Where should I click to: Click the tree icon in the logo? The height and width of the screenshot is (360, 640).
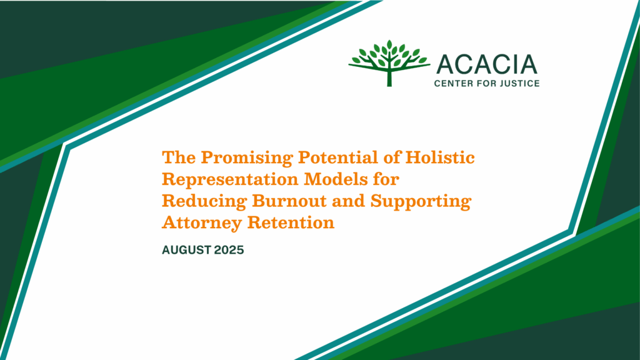coord(389,63)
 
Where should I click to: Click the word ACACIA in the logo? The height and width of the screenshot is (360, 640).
coord(487,65)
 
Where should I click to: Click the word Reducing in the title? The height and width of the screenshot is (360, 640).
coord(205,201)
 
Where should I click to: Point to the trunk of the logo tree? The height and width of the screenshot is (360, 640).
coord(389,78)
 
